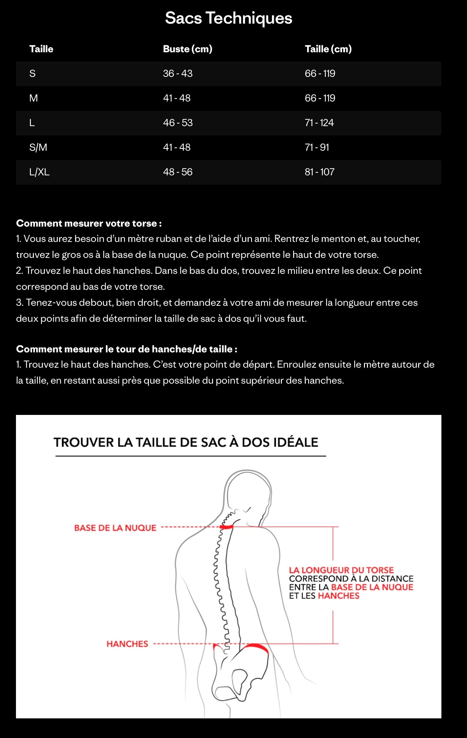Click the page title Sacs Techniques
click(x=228, y=18)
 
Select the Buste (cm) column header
click(x=187, y=49)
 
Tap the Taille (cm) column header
click(x=328, y=49)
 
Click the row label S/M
click(x=38, y=147)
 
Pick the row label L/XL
click(x=39, y=172)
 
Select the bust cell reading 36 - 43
click(x=177, y=74)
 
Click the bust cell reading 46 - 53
click(x=178, y=123)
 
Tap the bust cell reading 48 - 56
click(x=178, y=172)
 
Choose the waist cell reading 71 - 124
click(x=319, y=123)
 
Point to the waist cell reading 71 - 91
click(x=317, y=147)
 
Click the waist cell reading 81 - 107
click(x=319, y=172)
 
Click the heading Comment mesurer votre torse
click(x=89, y=223)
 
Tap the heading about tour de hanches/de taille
click(x=127, y=349)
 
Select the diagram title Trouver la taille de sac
click(x=186, y=442)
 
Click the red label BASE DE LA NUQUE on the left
click(x=115, y=528)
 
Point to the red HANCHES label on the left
click(x=127, y=644)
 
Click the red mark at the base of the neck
click(x=226, y=527)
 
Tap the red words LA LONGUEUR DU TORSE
click(x=341, y=570)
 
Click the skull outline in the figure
click(x=249, y=489)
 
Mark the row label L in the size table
click(x=32, y=123)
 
